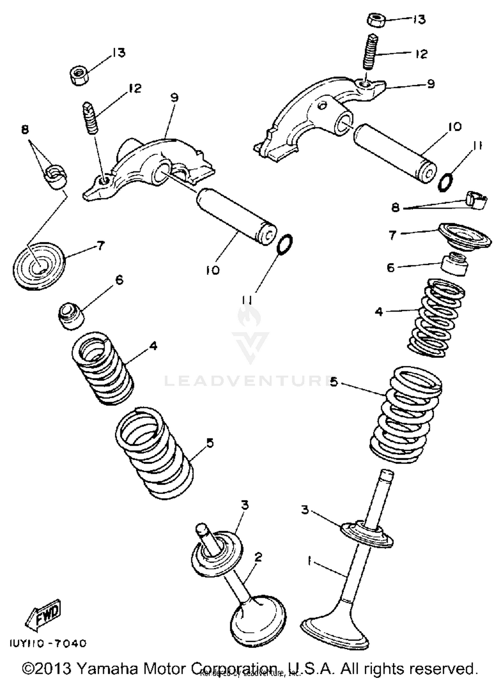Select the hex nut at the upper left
pyautogui.click(x=79, y=75)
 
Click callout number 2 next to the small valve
pyautogui.click(x=258, y=556)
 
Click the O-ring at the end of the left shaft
pyautogui.click(x=285, y=245)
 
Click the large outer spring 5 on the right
pyautogui.click(x=406, y=414)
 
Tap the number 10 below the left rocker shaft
pyautogui.click(x=213, y=269)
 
